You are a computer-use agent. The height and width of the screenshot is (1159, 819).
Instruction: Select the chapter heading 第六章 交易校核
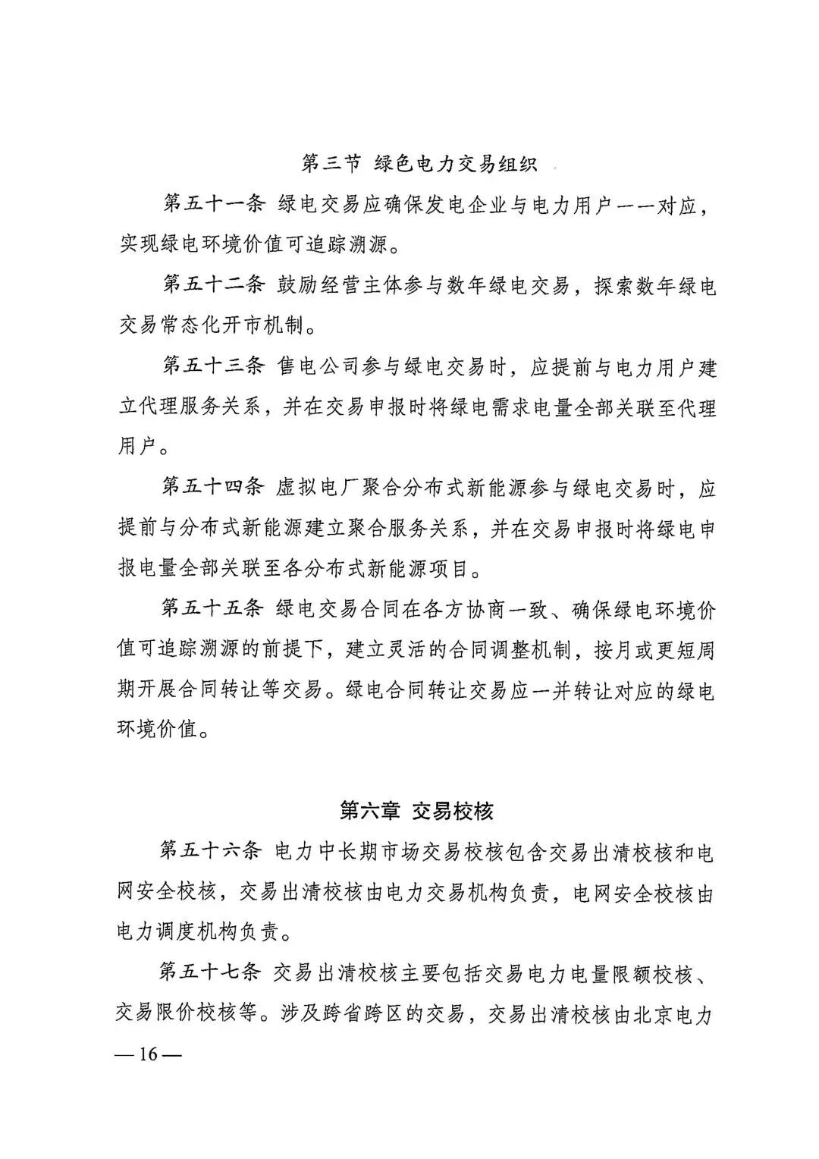coord(416,811)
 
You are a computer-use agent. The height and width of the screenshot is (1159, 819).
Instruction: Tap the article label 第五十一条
coord(213,204)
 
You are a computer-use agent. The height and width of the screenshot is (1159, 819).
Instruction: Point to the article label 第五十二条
coord(213,286)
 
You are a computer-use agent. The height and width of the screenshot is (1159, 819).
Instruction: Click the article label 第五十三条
coord(213,367)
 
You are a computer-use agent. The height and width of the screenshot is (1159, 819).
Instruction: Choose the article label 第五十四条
coord(213,488)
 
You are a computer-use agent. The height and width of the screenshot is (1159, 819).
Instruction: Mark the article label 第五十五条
coord(213,608)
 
